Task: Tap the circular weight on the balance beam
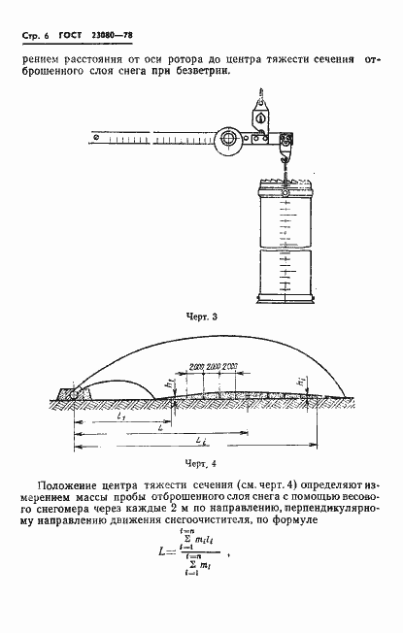pos(230,139)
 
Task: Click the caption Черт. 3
pos(202,316)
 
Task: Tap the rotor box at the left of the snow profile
pos(71,393)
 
